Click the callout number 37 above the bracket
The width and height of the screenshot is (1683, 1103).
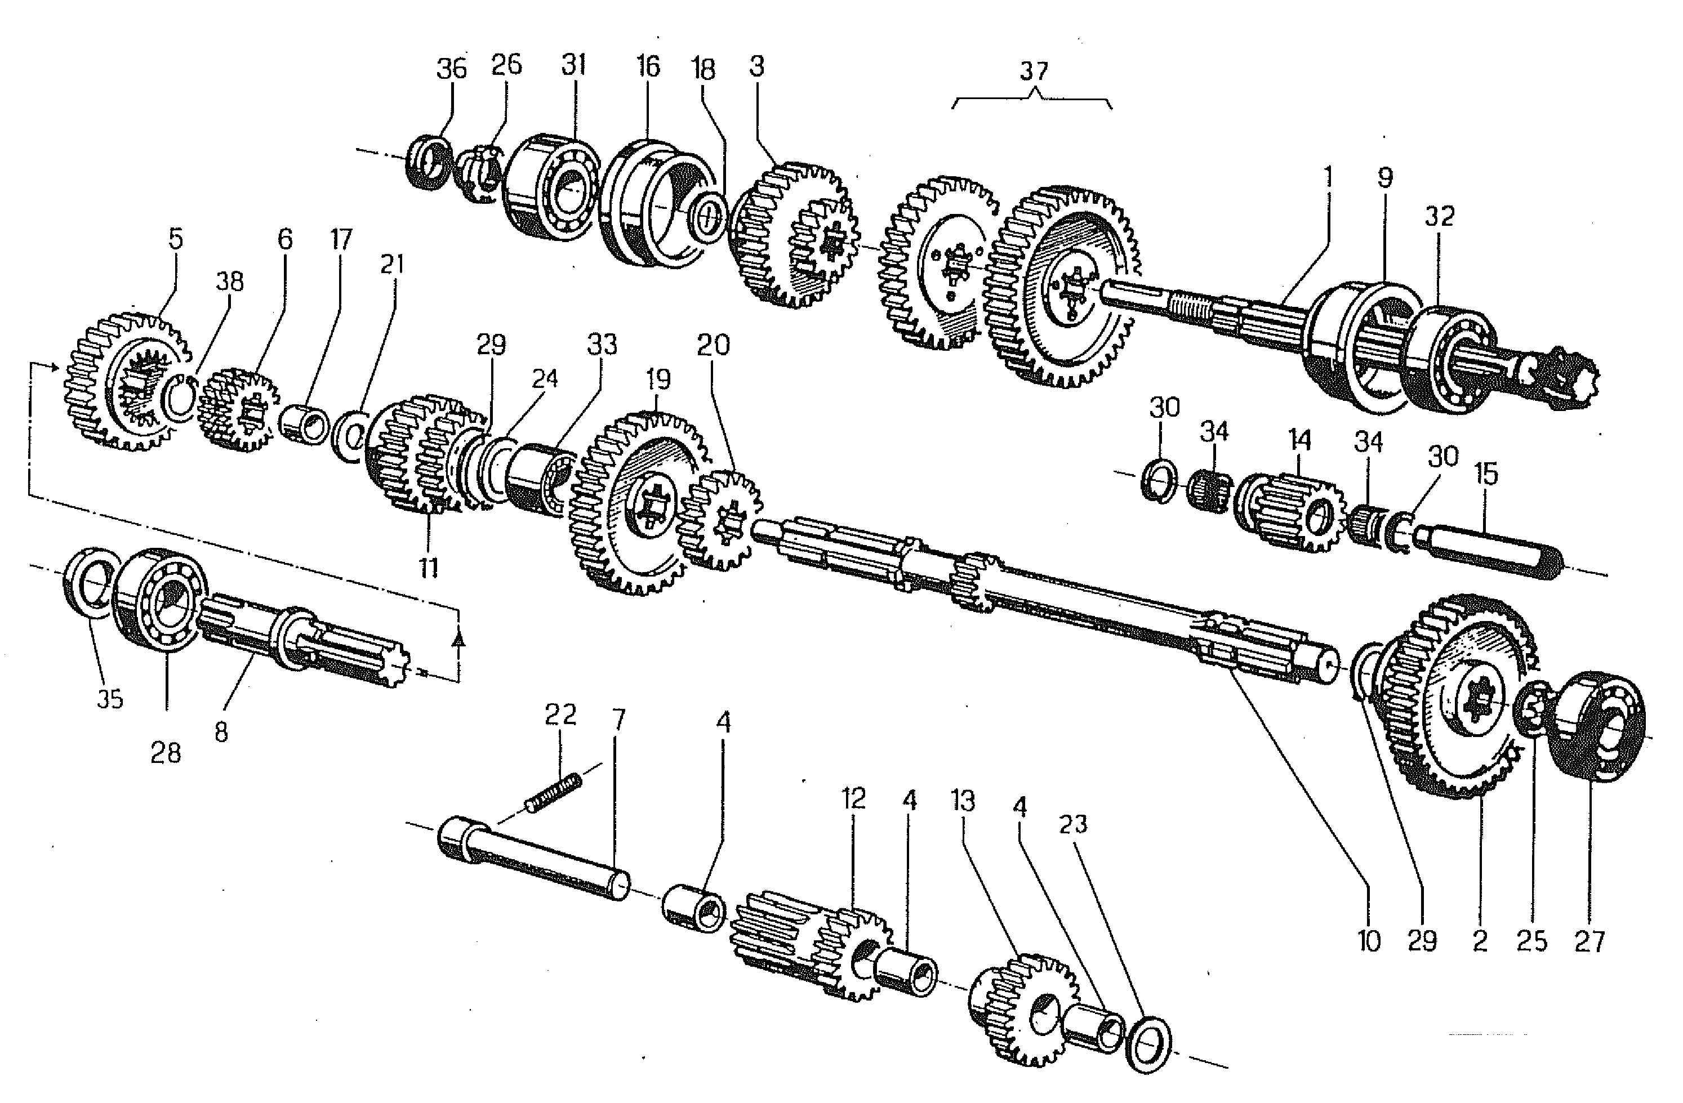[1033, 72]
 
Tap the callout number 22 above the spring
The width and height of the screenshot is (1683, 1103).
[560, 715]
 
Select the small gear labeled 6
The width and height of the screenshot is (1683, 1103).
[239, 410]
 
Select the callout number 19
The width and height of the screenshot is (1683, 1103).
[658, 379]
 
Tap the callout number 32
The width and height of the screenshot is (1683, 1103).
[1439, 216]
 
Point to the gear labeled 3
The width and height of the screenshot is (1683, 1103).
[792, 235]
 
